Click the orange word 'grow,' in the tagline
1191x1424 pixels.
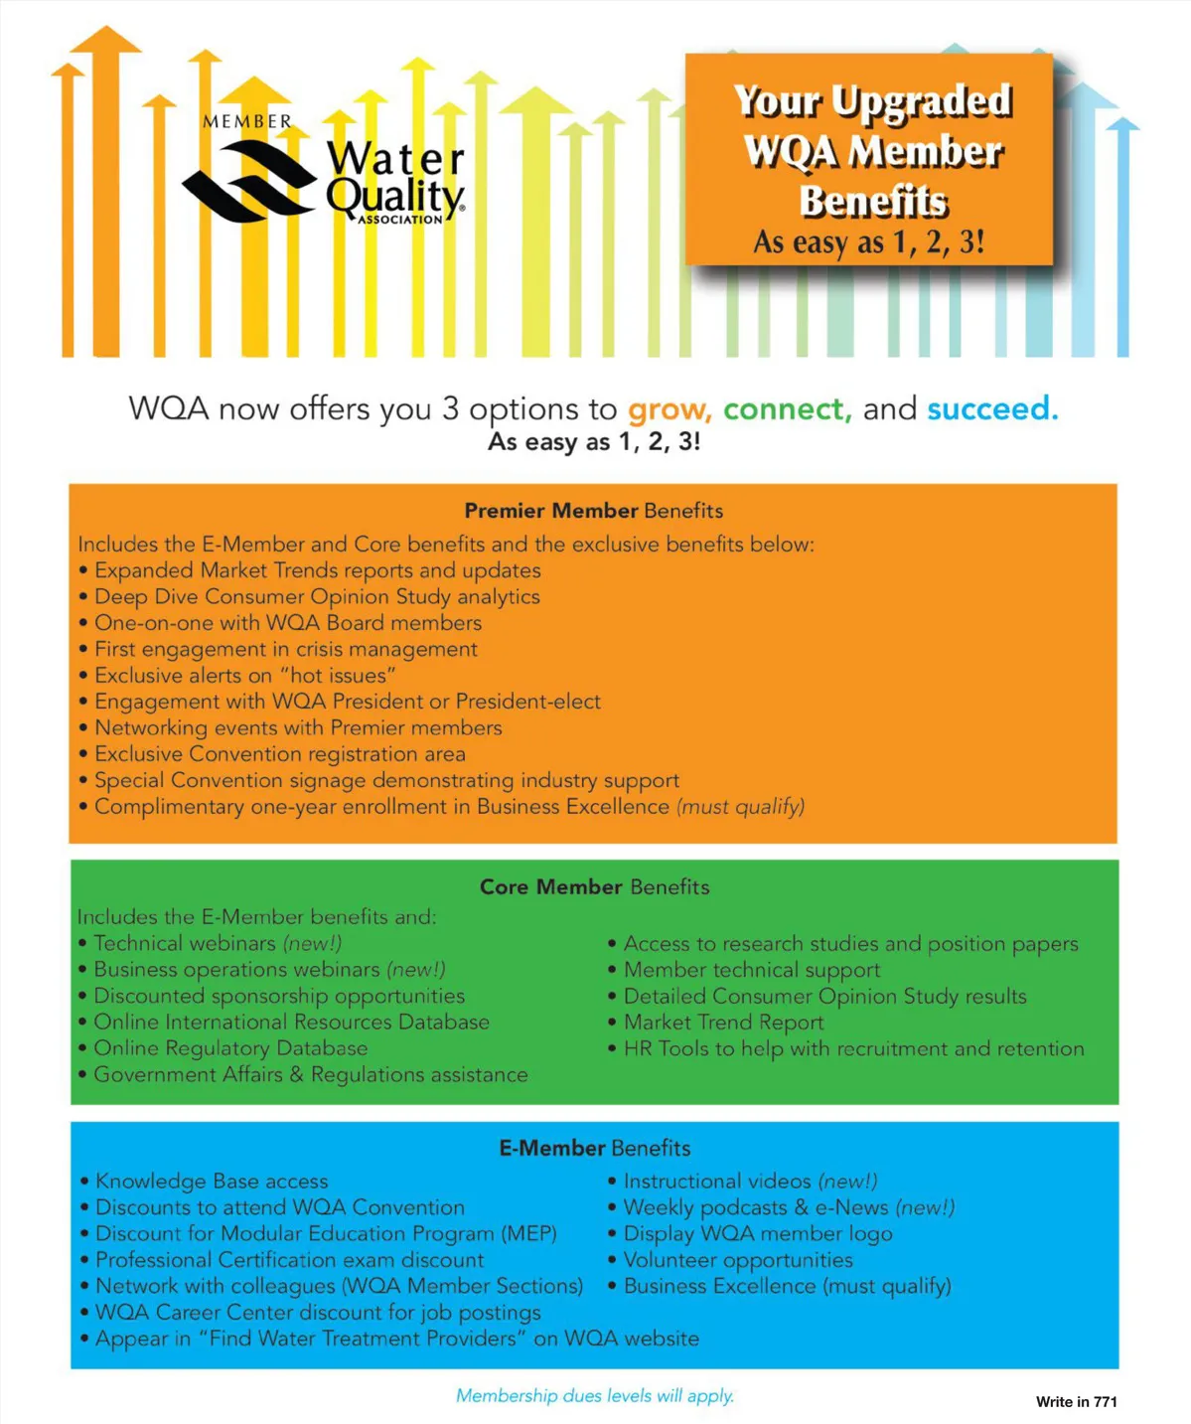click(669, 409)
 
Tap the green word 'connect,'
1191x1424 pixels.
click(787, 409)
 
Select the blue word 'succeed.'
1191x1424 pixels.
click(992, 409)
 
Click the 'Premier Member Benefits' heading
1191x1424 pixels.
click(593, 511)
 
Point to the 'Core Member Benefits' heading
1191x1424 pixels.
click(594, 886)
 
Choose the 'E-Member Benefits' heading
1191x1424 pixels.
click(594, 1148)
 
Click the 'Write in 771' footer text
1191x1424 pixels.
click(1076, 1402)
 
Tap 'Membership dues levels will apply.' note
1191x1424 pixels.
click(594, 1395)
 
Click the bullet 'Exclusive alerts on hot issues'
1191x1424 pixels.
click(244, 676)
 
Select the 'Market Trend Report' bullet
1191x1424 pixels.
click(723, 1022)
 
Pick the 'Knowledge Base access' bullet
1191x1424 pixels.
click(211, 1181)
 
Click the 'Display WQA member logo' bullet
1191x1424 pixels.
click(757, 1233)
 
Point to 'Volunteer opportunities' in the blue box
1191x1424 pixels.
click(737, 1260)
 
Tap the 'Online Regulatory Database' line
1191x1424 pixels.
click(229, 1048)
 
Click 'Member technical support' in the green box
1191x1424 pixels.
click(751, 969)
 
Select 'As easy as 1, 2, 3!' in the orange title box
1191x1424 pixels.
click(868, 241)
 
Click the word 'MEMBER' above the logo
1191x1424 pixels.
click(247, 121)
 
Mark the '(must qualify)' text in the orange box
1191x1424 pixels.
click(740, 807)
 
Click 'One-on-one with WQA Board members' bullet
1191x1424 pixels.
click(287, 623)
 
